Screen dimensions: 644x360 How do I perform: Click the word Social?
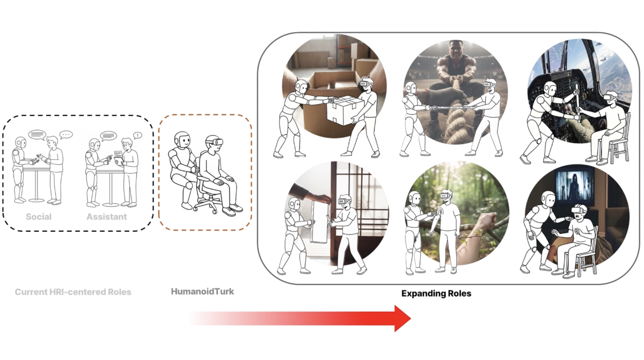click(x=39, y=217)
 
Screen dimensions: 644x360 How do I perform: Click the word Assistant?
click(x=107, y=217)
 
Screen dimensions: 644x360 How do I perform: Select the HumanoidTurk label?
click(x=202, y=291)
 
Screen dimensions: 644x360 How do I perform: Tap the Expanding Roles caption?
click(x=436, y=293)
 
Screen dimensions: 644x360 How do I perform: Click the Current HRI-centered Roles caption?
click(x=73, y=292)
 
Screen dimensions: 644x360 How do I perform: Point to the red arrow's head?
click(x=402, y=319)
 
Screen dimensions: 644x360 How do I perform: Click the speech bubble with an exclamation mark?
click(x=137, y=135)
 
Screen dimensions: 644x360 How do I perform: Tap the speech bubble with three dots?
click(x=66, y=135)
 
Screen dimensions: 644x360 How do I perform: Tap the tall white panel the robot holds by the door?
click(x=319, y=222)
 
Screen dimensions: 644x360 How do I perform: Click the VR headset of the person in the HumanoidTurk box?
click(x=215, y=142)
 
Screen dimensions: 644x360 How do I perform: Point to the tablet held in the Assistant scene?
click(x=118, y=157)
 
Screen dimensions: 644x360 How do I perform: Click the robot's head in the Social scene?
click(x=20, y=143)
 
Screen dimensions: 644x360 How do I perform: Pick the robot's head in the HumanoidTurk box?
click(x=182, y=141)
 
